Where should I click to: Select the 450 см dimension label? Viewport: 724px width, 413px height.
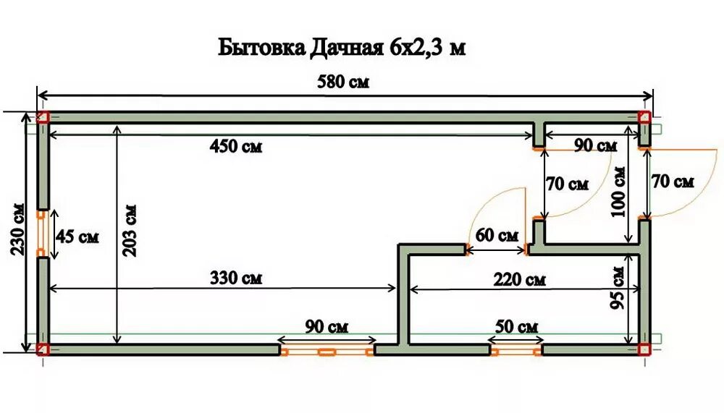pyautogui.click(x=235, y=147)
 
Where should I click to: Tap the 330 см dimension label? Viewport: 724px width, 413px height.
pyautogui.click(x=235, y=277)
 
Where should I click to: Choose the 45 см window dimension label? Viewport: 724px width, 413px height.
pyautogui.click(x=77, y=237)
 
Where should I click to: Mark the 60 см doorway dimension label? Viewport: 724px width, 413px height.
pyautogui.click(x=497, y=235)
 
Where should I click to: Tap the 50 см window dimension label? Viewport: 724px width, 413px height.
pyautogui.click(x=517, y=326)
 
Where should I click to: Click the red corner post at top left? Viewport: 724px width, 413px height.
pyautogui.click(x=43, y=118)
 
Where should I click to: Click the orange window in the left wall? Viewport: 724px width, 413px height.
pyautogui.click(x=42, y=234)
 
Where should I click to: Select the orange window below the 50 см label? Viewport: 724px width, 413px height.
pyautogui.click(x=516, y=351)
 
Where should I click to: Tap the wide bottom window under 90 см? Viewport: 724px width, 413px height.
pyautogui.click(x=326, y=352)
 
